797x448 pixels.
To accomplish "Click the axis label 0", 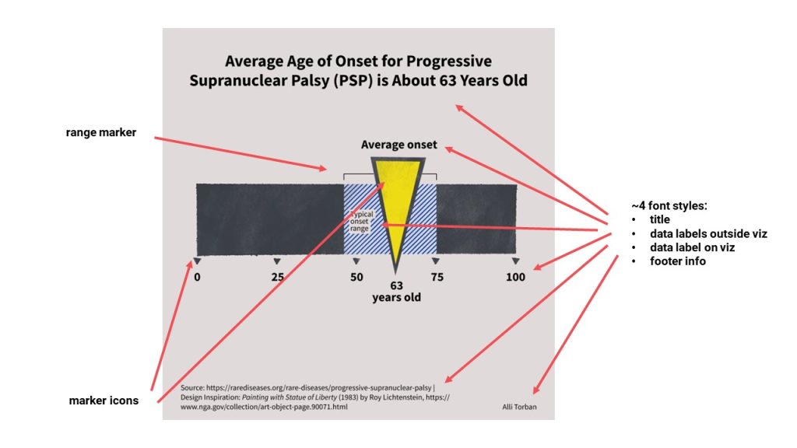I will pos(198,278).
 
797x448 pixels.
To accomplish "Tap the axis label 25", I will pos(277,278).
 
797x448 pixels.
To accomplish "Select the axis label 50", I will pos(356,278).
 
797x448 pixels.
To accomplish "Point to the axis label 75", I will pos(437,278).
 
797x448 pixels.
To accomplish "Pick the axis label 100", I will pos(516,278).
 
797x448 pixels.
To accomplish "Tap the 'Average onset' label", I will pos(398,145).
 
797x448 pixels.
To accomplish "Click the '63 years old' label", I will pos(396,291).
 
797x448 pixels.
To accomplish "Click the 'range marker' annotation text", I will pos(100,133).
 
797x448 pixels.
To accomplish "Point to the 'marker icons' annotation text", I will pos(104,401).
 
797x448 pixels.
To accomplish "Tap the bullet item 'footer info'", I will pos(678,261).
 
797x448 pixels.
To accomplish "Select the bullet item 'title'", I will pos(659,220).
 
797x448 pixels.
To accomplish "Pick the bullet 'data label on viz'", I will pos(693,247).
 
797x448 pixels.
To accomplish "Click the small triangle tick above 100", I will pos(515,261).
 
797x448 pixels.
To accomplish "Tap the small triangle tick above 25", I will pos(277,261).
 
